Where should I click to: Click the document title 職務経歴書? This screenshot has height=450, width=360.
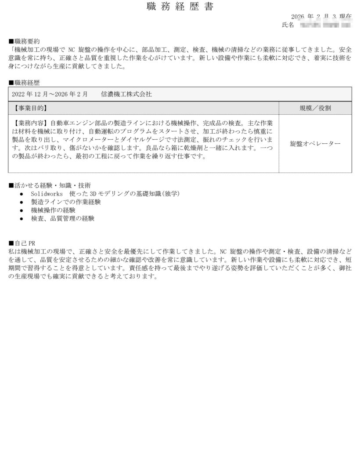click(x=180, y=7)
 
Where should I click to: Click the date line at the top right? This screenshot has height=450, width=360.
click(x=321, y=16)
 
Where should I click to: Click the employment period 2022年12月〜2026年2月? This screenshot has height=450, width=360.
click(x=50, y=94)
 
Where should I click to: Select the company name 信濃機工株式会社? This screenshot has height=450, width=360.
click(x=126, y=94)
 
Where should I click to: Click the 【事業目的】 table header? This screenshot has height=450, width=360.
click(x=30, y=108)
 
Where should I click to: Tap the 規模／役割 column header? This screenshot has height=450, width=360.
click(x=315, y=108)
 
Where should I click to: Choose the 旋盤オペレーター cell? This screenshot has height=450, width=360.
click(x=315, y=144)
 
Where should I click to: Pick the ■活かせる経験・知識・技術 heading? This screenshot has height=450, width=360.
click(x=50, y=185)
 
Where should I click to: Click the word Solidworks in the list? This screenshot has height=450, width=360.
click(x=47, y=193)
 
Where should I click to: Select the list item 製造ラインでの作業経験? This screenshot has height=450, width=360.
click(x=66, y=202)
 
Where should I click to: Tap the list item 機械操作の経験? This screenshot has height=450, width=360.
click(x=53, y=210)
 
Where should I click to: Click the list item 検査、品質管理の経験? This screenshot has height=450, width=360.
click(x=62, y=218)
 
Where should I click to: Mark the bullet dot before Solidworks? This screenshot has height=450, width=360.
click(x=22, y=193)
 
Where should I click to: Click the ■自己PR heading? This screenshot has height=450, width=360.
click(x=22, y=243)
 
